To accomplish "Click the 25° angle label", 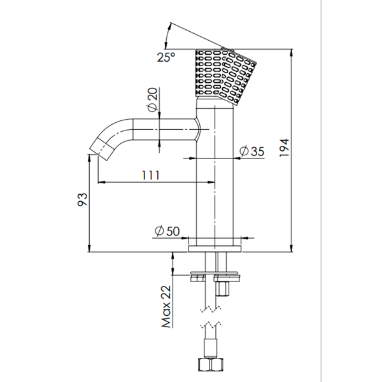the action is point(166,57).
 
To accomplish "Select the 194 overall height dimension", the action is point(284,148).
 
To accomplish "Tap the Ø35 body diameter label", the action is point(251,152).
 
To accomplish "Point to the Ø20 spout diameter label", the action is point(152,100).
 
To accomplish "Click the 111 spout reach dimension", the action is point(151,175).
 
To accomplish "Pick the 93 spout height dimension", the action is point(82,200).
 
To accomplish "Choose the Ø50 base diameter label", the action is point(167,231).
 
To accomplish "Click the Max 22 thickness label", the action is point(166,306).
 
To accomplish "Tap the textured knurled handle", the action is point(225,76).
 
